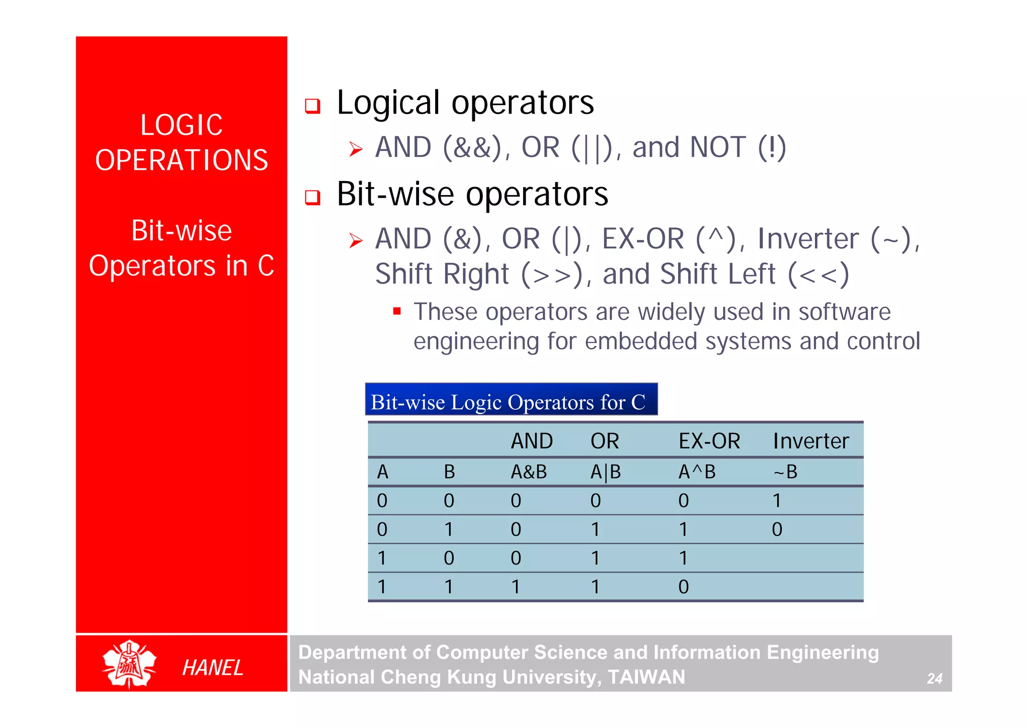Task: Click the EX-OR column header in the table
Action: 709,441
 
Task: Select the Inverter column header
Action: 810,441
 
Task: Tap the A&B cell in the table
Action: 529,472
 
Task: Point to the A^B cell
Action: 696,472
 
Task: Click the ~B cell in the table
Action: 785,472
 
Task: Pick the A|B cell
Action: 605,472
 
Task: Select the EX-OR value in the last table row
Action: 683,587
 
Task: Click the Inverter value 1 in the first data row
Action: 777,501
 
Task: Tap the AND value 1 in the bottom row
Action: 516,587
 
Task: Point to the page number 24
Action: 934,679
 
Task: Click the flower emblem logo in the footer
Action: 129,664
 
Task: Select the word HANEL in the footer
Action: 213,668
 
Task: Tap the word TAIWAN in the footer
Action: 646,677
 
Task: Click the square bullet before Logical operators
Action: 313,106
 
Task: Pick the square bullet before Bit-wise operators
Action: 313,197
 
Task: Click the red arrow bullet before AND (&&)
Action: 356,149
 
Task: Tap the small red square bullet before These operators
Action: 397,311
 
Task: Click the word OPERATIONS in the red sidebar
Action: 181,160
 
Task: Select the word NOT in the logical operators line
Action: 717,147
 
